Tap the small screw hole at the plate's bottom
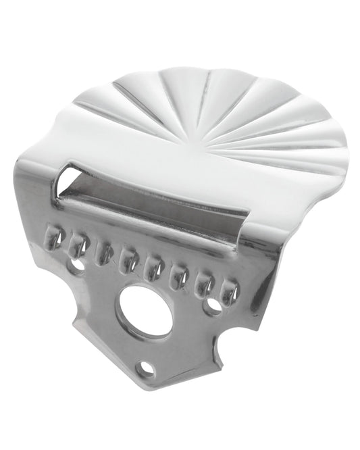click(143, 368)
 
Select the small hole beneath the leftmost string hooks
click(78, 265)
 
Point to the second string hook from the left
click(79, 245)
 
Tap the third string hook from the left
click(104, 253)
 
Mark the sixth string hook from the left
click(178, 276)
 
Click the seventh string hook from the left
click(203, 284)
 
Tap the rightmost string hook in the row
click(229, 291)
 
